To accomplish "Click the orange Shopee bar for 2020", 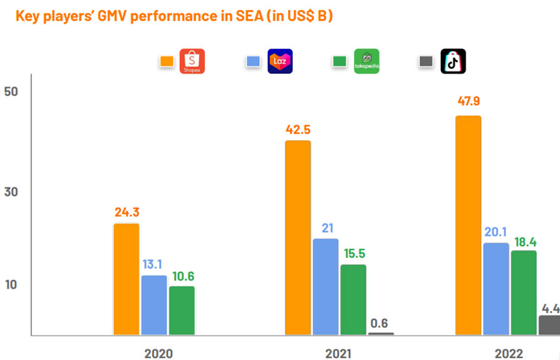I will point(127,279).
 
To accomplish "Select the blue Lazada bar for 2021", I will point(325,287).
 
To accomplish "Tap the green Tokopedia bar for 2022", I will point(524,292).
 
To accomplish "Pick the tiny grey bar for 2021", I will point(381,334).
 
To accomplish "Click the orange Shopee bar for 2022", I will point(469,225).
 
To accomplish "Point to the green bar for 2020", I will point(182,311).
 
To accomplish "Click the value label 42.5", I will point(298,130).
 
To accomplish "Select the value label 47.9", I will point(469,101).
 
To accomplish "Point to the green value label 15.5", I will point(353,254).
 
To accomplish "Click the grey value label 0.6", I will point(380,323).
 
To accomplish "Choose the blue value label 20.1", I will point(497,232).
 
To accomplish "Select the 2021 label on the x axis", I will point(338,353).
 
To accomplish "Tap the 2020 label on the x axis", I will point(158,353).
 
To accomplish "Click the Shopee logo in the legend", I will point(192,61).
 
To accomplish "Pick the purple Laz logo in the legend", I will point(280,61).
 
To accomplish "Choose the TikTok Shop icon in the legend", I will point(454,61).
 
